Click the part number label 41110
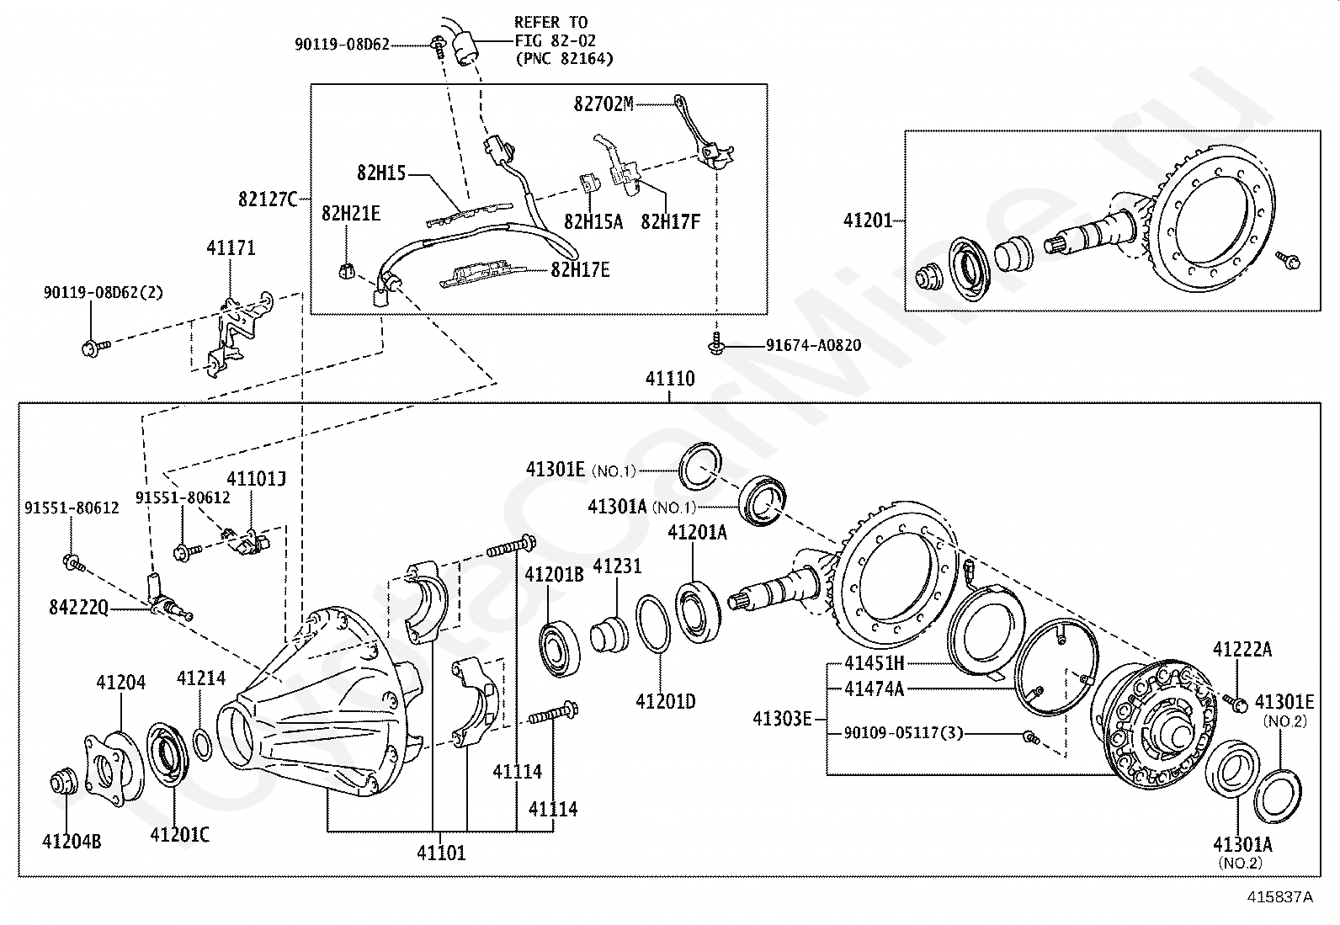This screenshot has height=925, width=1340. pos(670,378)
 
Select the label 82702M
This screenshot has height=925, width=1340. pos(603,104)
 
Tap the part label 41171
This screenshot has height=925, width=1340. pos(231,247)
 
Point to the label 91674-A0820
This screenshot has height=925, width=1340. pos(814,345)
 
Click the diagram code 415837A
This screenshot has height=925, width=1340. pos(1280,896)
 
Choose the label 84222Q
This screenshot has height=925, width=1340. pos(78,608)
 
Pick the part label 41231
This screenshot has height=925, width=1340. pos(617,566)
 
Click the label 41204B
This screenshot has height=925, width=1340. pos(72,841)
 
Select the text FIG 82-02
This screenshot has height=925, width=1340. pos(556,40)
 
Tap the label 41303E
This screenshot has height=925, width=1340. pos(782,719)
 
